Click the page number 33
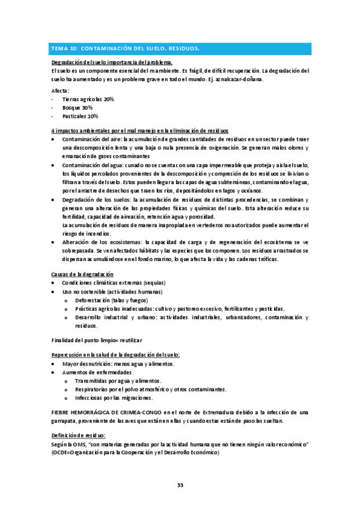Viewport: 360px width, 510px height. (x=180, y=485)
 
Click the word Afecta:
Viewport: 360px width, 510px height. (x=61, y=91)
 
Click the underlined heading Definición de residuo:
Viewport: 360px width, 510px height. (x=79, y=435)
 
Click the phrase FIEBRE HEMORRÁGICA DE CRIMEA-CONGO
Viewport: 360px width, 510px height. (x=107, y=412)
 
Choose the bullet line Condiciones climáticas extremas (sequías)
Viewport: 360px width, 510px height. (x=114, y=283)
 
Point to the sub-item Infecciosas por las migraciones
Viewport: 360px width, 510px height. (x=114, y=398)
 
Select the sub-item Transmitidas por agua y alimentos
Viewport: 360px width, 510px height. (x=118, y=381)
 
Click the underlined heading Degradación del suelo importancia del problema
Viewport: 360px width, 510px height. (x=112, y=63)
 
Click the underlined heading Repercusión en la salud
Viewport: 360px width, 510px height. (x=115, y=355)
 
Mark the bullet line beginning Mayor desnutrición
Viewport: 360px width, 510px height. (x=118, y=364)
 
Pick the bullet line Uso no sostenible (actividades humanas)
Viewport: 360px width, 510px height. (x=110, y=292)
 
